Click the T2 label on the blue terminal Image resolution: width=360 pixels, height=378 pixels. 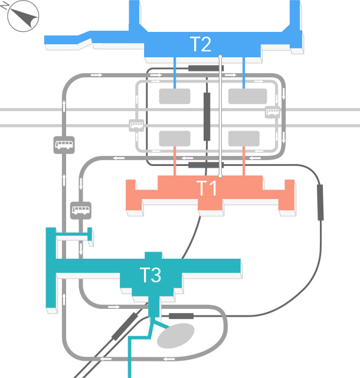[x=201, y=44]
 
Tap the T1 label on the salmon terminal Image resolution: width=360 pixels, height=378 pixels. [x=207, y=188]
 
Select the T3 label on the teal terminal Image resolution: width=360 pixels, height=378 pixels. [x=150, y=275]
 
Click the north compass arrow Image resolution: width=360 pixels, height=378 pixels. [x=23, y=17]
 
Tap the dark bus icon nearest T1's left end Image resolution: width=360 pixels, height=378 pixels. [x=80, y=210]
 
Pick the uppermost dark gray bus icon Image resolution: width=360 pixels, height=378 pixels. [x=64, y=144]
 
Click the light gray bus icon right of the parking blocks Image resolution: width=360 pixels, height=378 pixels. [x=273, y=112]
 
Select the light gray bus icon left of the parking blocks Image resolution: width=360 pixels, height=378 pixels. [x=136, y=125]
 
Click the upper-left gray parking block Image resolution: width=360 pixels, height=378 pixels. [x=175, y=96]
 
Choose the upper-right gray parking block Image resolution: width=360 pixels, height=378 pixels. [x=244, y=96]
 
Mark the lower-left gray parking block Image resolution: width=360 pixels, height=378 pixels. [x=175, y=138]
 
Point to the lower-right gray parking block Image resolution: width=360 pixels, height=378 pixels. [x=244, y=138]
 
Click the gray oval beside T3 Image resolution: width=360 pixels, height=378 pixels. [x=176, y=335]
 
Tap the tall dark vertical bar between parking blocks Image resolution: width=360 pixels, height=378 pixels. [x=207, y=116]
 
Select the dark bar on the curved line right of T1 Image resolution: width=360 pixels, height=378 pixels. [x=320, y=203]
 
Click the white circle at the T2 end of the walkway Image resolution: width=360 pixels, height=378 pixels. [x=220, y=57]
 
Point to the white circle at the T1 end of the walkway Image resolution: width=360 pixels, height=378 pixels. [x=220, y=175]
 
